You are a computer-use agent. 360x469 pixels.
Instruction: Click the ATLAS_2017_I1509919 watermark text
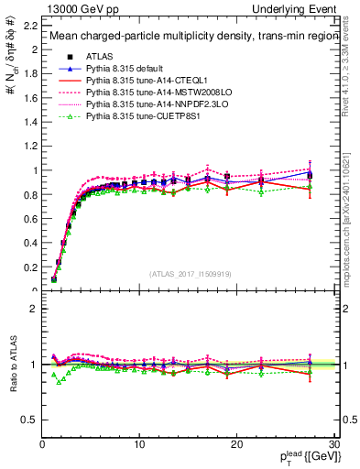(x=189, y=273)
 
